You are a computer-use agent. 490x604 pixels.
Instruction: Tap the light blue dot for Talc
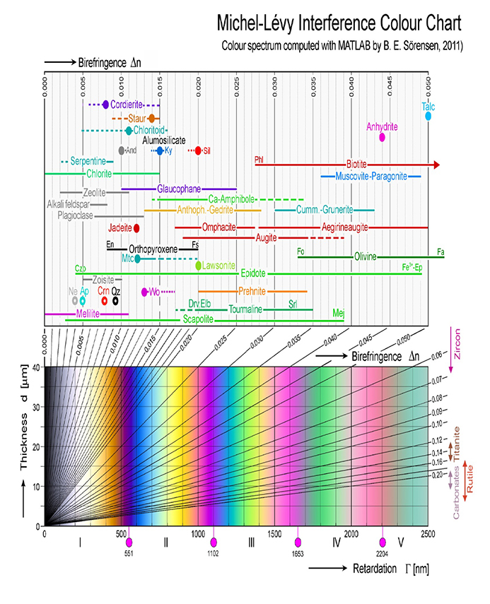point(428,115)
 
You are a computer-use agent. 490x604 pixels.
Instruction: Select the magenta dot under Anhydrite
point(383,137)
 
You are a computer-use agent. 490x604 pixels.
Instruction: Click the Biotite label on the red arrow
point(356,164)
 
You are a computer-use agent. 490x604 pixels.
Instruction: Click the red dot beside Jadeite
point(136,228)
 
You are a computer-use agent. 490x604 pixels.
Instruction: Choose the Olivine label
point(366,256)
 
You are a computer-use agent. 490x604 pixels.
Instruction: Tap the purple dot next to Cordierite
point(106,105)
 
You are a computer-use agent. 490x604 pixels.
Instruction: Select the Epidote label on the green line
point(253,273)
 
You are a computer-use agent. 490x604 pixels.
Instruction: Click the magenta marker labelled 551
point(129,542)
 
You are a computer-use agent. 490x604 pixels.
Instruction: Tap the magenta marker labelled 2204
point(383,542)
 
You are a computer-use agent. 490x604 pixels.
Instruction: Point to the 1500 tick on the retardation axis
point(274,534)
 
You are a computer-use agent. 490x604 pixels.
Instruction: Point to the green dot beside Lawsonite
point(199,266)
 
